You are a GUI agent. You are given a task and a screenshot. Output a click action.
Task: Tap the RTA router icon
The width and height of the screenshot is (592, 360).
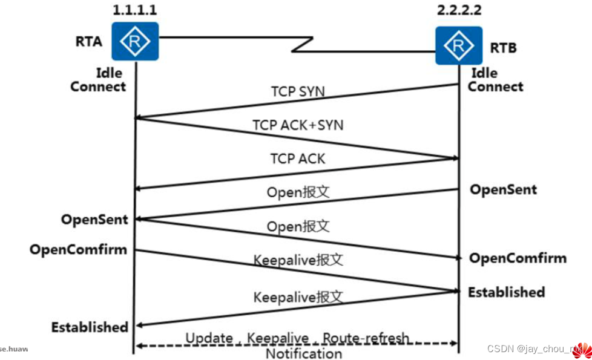click(x=135, y=41)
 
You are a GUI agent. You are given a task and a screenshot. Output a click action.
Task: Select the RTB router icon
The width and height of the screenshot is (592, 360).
click(x=458, y=45)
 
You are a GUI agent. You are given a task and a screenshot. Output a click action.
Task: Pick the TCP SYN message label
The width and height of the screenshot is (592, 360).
click(x=297, y=92)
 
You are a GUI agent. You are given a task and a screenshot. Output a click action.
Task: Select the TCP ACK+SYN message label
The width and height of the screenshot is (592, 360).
click(x=297, y=125)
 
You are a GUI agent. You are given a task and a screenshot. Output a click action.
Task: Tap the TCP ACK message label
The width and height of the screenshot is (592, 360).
click(x=297, y=159)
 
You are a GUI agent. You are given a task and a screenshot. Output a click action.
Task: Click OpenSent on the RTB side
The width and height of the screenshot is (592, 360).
click(x=503, y=189)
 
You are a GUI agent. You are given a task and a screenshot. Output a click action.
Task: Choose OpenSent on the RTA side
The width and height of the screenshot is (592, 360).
click(x=94, y=219)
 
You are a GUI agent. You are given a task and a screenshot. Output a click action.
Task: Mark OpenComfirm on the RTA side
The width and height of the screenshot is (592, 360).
click(x=78, y=249)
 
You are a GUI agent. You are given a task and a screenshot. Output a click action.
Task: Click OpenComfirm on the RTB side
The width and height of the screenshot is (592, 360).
click(x=518, y=258)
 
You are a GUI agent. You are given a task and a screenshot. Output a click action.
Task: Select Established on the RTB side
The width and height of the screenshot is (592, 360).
click(x=506, y=292)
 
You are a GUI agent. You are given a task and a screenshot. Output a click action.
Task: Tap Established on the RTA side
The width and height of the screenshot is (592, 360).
click(x=90, y=327)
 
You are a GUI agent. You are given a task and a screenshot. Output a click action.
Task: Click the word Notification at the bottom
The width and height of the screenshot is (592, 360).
click(x=304, y=353)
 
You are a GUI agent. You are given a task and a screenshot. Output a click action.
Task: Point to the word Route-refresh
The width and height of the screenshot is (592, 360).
click(x=366, y=338)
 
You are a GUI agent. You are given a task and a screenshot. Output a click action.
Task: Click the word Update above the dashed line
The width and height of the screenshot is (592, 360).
click(x=209, y=338)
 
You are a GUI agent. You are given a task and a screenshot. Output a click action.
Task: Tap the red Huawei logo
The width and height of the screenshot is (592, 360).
click(x=582, y=350)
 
